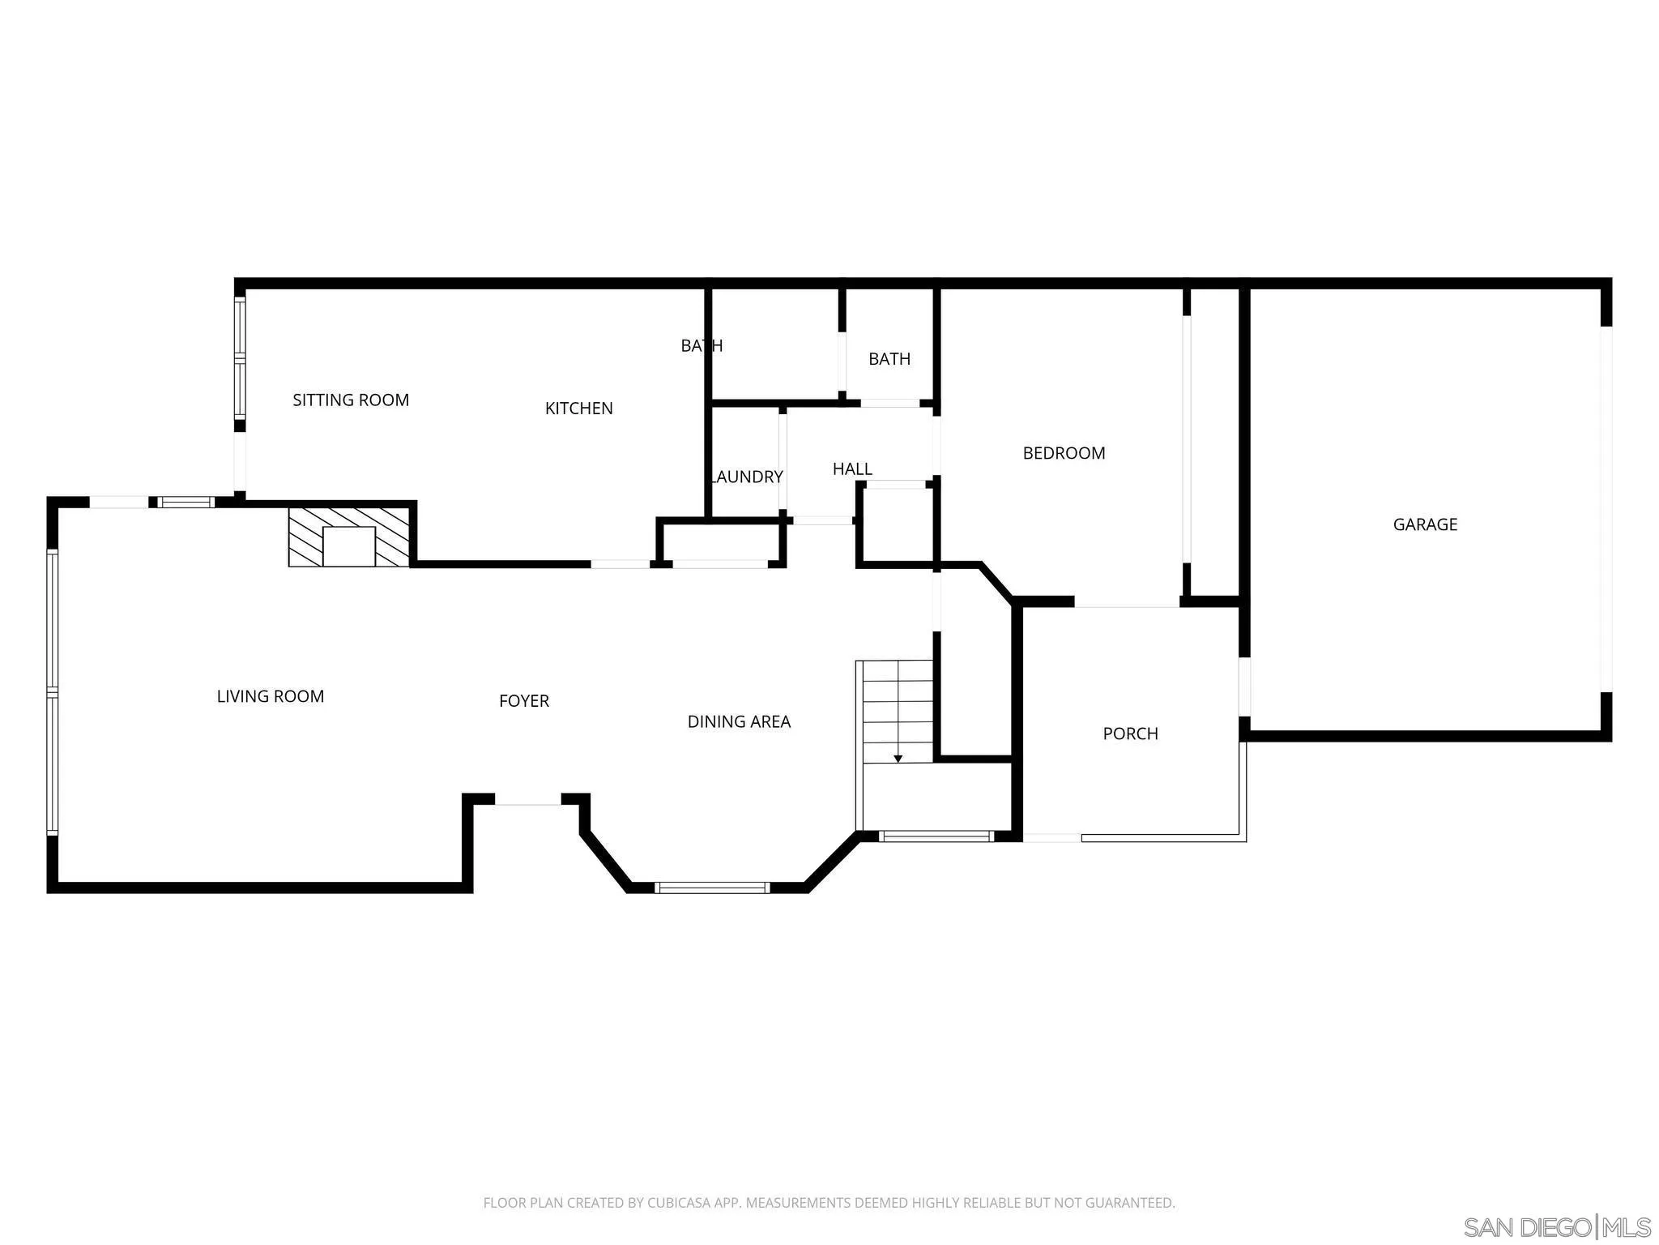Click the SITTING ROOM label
(x=351, y=400)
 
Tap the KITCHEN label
(x=578, y=409)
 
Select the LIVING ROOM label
(x=270, y=696)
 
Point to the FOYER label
(x=524, y=701)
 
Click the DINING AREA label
(x=739, y=721)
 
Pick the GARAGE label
(x=1425, y=524)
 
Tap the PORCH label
(x=1130, y=734)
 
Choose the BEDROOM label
(x=1064, y=453)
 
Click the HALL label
(x=852, y=468)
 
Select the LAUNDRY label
(x=747, y=477)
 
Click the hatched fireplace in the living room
(x=349, y=537)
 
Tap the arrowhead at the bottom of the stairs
(x=898, y=759)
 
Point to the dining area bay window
(x=712, y=888)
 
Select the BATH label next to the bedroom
(x=889, y=359)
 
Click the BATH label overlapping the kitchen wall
(x=702, y=346)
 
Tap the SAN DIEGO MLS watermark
(x=1556, y=1227)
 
